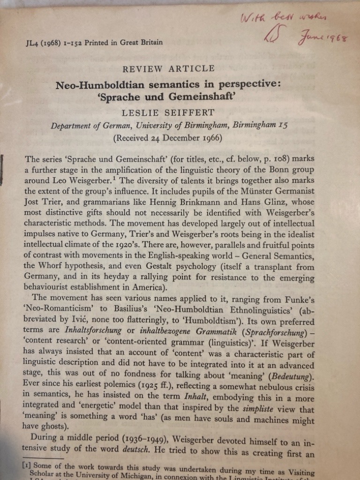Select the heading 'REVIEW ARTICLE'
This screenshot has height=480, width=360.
[168, 68]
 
